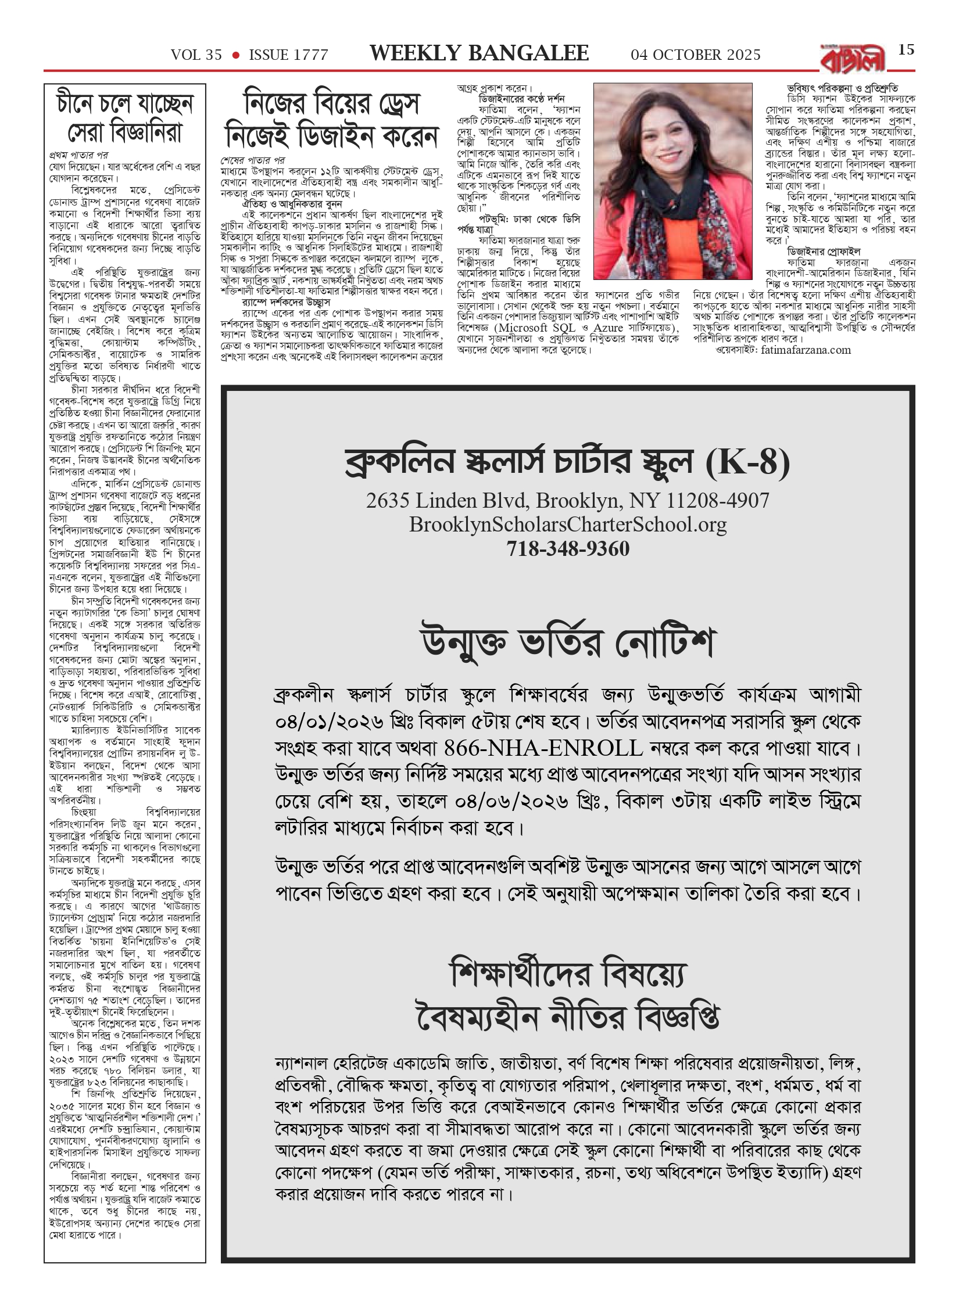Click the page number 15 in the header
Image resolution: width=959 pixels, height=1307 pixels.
pos(906,50)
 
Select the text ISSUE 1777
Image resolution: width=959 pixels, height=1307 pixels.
pos(288,55)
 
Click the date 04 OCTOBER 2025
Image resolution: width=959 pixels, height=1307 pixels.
pos(696,55)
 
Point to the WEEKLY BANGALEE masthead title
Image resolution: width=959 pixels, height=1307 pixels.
pos(479,54)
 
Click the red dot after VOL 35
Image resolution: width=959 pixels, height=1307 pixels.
pos(235,55)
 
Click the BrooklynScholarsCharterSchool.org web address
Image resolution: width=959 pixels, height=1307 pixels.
pos(568,525)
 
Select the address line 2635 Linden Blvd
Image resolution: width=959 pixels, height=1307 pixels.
pos(568,500)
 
